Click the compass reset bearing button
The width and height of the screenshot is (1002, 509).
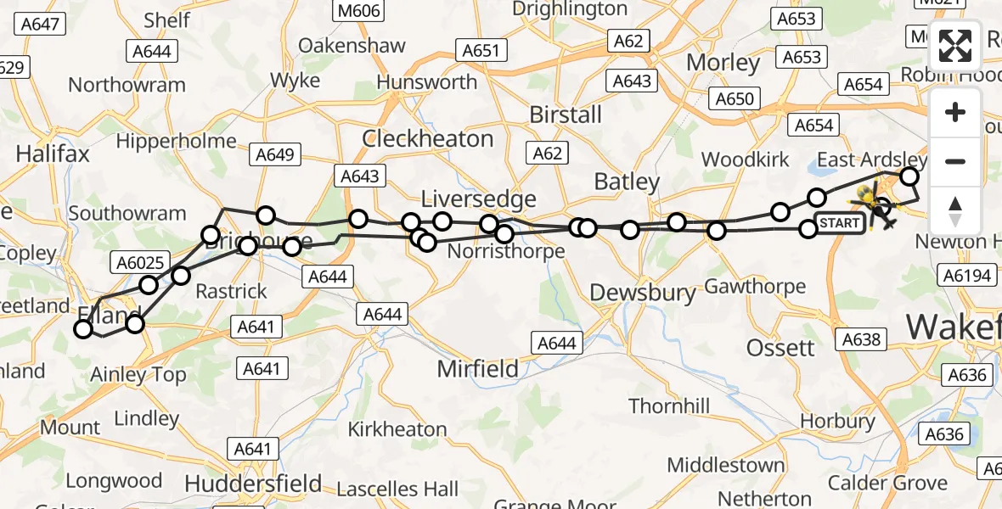[955, 210]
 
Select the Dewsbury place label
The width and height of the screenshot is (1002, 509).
[643, 294]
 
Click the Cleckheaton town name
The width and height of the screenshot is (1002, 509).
[427, 138]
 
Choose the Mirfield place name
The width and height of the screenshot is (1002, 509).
[477, 369]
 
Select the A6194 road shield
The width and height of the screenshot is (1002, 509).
[965, 275]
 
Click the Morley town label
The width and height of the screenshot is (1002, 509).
[723, 63]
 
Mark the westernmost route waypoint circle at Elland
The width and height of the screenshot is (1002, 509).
[83, 329]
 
